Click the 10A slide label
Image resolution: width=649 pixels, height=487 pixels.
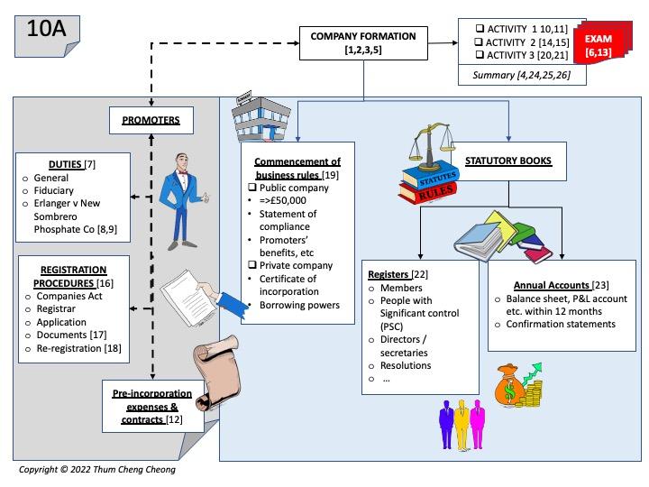pyautogui.click(x=47, y=27)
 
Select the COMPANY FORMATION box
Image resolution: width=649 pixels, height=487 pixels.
pyautogui.click(x=362, y=42)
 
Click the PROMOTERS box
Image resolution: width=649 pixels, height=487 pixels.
pyautogui.click(x=151, y=119)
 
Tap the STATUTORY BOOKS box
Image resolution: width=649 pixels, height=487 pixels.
pyautogui.click(x=507, y=161)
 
